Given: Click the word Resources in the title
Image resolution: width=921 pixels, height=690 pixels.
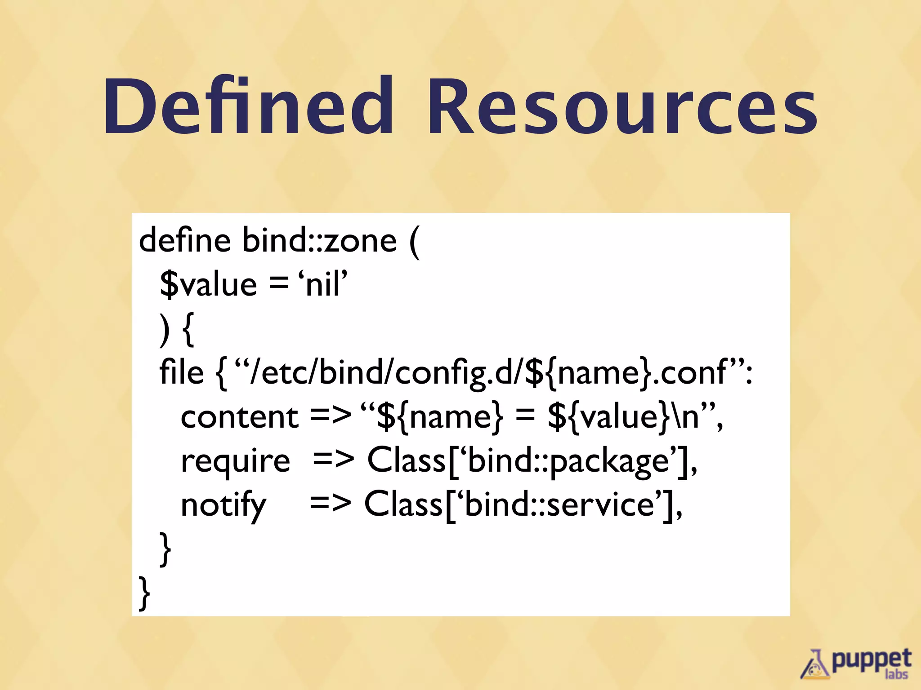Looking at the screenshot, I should (622, 108).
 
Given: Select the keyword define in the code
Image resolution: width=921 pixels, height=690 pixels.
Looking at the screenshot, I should (185, 240).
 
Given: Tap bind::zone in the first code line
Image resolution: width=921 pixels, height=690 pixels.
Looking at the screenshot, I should (320, 240).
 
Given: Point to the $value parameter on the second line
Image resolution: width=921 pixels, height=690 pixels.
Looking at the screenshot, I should (208, 285).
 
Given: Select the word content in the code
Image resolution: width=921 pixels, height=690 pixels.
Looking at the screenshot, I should (239, 417).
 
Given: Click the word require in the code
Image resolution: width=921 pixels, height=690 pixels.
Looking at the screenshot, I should (235, 461).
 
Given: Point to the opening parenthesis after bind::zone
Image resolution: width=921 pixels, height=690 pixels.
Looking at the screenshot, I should (415, 242).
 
